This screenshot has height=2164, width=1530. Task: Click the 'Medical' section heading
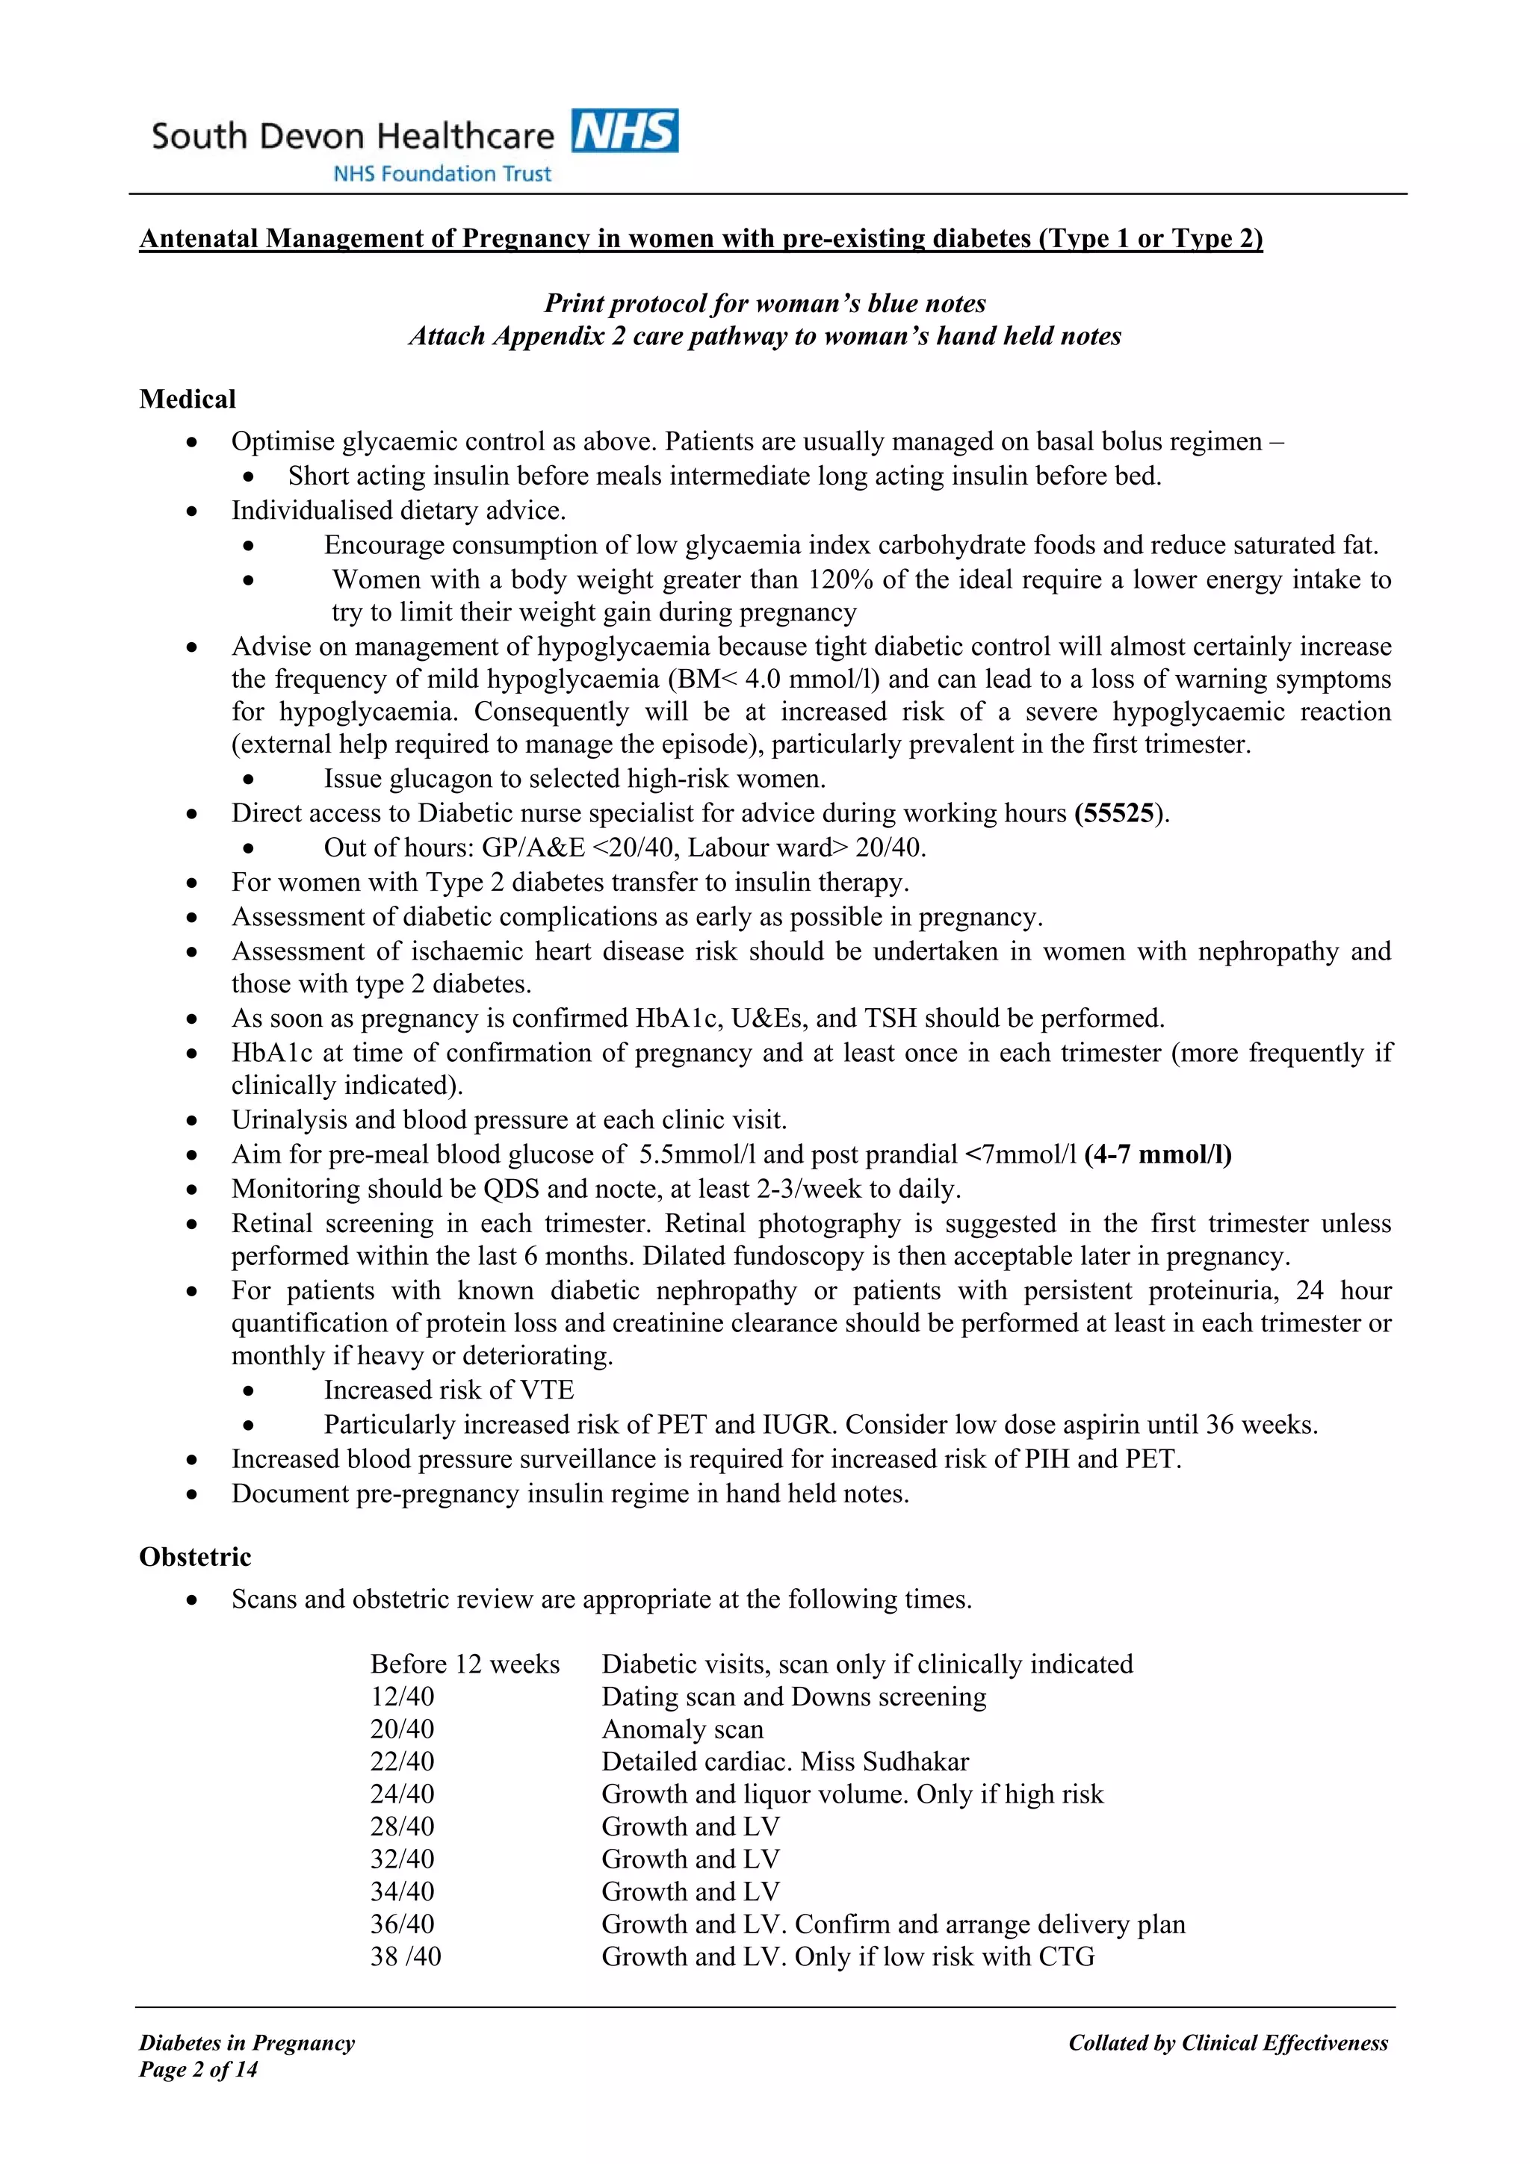(x=188, y=399)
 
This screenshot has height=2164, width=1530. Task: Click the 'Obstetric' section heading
(x=195, y=1556)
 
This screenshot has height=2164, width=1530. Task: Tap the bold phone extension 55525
(x=1118, y=813)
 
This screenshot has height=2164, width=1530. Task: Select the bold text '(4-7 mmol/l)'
(x=1158, y=1154)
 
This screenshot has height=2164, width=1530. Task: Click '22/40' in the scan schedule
(x=403, y=1762)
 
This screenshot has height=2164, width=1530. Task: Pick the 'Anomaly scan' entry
(x=683, y=1729)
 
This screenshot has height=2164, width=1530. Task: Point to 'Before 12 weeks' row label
(x=465, y=1664)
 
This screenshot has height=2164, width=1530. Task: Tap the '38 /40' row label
(x=406, y=1956)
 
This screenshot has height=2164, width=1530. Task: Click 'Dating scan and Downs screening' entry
(x=793, y=1697)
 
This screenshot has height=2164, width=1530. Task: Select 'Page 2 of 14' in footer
(x=198, y=2070)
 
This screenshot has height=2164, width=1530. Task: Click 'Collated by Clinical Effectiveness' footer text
(x=1227, y=2043)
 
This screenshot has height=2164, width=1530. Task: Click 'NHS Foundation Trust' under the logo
(x=442, y=173)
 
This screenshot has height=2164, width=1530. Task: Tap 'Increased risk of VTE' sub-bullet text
(x=449, y=1390)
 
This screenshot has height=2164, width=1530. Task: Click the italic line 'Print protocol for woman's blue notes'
(x=764, y=303)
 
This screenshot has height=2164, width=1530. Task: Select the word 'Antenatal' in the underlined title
(x=199, y=238)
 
